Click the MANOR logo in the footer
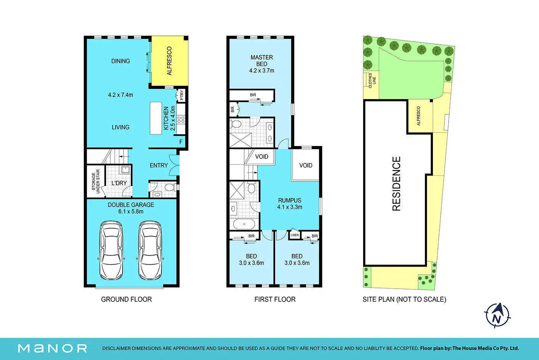pyautogui.click(x=52, y=348)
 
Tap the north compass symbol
pyautogui.click(x=497, y=315)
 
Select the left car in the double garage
pyautogui.click(x=111, y=251)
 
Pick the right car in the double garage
pyautogui.click(x=150, y=251)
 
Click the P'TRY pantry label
pyautogui.click(x=182, y=95)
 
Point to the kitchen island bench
pyautogui.click(x=156, y=118)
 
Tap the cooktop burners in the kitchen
pyautogui.click(x=181, y=119)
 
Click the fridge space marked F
pyautogui.click(x=181, y=142)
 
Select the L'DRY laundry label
pyautogui.click(x=119, y=183)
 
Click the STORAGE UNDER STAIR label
pyautogui.click(x=95, y=181)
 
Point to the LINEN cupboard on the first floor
pyautogui.click(x=295, y=235)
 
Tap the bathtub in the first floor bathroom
pyautogui.click(x=244, y=224)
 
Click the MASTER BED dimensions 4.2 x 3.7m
pyautogui.click(x=262, y=71)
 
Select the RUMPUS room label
pyautogui.click(x=290, y=200)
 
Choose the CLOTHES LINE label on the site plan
pyautogui.click(x=372, y=80)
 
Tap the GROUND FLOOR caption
pyautogui.click(x=126, y=299)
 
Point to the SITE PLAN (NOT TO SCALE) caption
pyautogui.click(x=404, y=299)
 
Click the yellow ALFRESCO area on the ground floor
pyautogui.click(x=169, y=61)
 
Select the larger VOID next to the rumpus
pyautogui.click(x=306, y=165)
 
